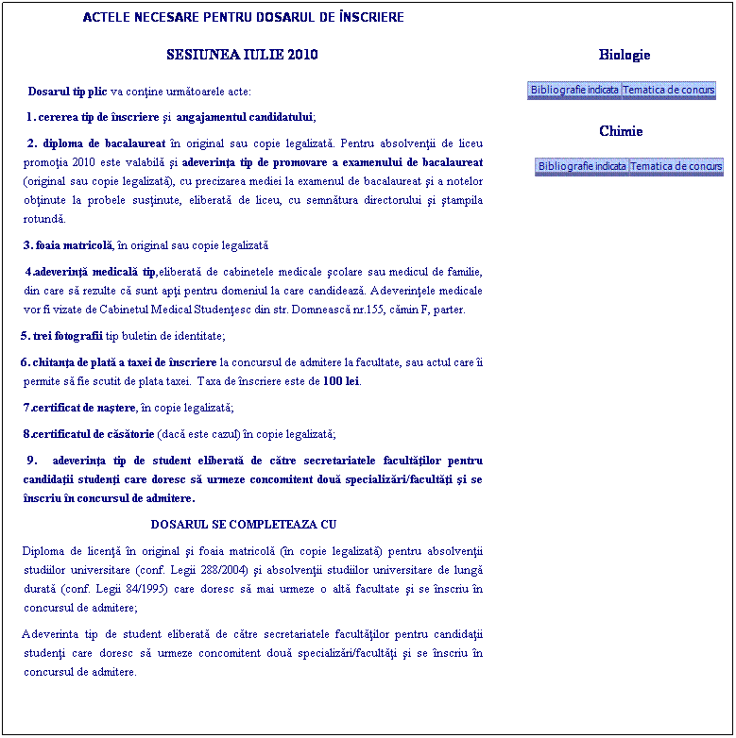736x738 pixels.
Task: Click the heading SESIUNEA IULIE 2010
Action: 242,55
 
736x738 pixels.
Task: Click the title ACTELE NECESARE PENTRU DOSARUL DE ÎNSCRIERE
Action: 243,17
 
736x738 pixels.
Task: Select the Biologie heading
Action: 625,55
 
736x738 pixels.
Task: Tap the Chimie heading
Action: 621,131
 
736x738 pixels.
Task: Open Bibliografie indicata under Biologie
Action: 574,91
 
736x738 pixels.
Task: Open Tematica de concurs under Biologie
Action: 669,91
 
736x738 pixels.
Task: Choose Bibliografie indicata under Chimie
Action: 582,167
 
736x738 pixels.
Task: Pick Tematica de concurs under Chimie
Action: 676,167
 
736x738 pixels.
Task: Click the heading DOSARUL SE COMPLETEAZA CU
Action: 244,524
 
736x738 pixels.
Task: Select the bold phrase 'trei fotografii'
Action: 67,336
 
